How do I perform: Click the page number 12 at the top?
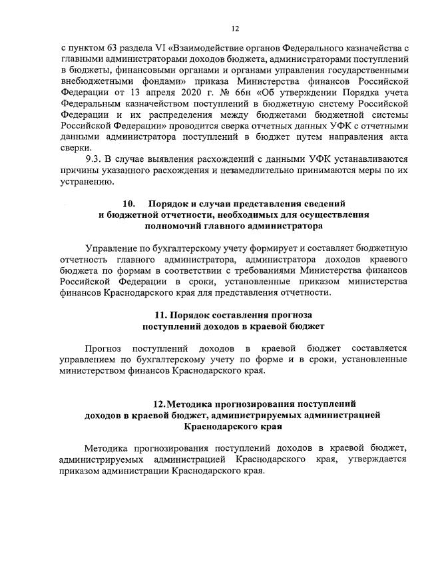tap(235, 29)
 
